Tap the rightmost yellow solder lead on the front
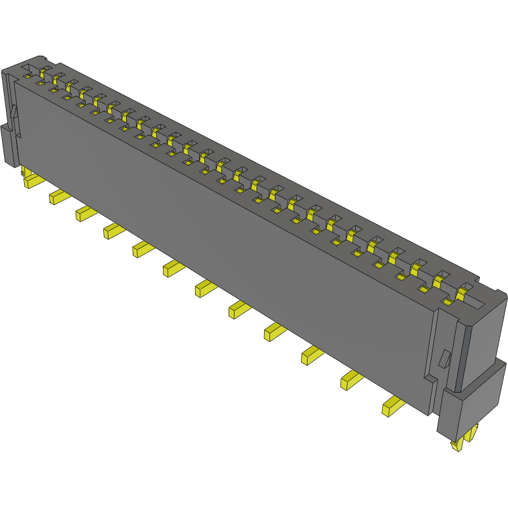[x=393, y=405]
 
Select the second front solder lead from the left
[x=59, y=196]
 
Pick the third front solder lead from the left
[x=86, y=213]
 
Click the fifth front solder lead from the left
[x=143, y=249]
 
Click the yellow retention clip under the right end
[x=462, y=443]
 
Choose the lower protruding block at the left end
[x=8, y=144]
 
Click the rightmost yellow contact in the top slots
[x=461, y=293]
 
